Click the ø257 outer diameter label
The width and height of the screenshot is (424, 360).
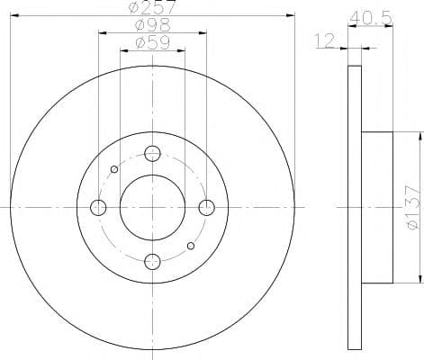pyautogui.click(x=152, y=7)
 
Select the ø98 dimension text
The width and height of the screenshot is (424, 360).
pyautogui.click(x=152, y=25)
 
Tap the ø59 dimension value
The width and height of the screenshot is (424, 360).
pyautogui.click(x=152, y=42)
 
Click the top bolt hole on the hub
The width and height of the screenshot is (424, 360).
pyautogui.click(x=152, y=153)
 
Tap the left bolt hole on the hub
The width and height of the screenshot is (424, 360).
pyautogui.click(x=98, y=208)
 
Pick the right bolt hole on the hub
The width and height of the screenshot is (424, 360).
pyautogui.click(x=206, y=208)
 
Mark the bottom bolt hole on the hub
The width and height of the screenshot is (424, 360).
pyautogui.click(x=152, y=262)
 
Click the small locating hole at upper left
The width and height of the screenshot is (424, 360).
pyautogui.click(x=113, y=169)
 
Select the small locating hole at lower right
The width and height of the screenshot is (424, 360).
pyautogui.click(x=190, y=246)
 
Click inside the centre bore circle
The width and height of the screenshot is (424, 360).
pyautogui.click(x=152, y=207)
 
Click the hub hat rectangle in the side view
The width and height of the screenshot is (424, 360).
pyautogui.click(x=377, y=207)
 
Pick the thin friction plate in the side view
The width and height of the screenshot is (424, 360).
pyautogui.click(x=355, y=207)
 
